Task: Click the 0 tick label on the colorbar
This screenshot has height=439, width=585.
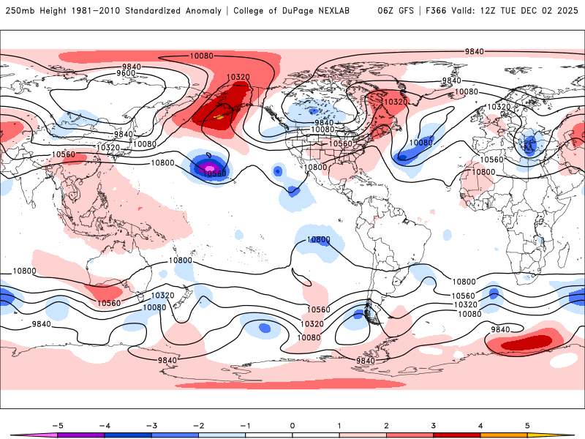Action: [x=292, y=425]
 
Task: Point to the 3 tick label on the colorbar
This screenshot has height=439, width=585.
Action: [x=434, y=425]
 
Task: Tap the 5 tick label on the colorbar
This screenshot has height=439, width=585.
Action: [x=527, y=425]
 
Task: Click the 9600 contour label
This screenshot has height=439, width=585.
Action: [x=127, y=73]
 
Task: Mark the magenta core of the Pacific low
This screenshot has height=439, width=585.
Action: [x=209, y=167]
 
